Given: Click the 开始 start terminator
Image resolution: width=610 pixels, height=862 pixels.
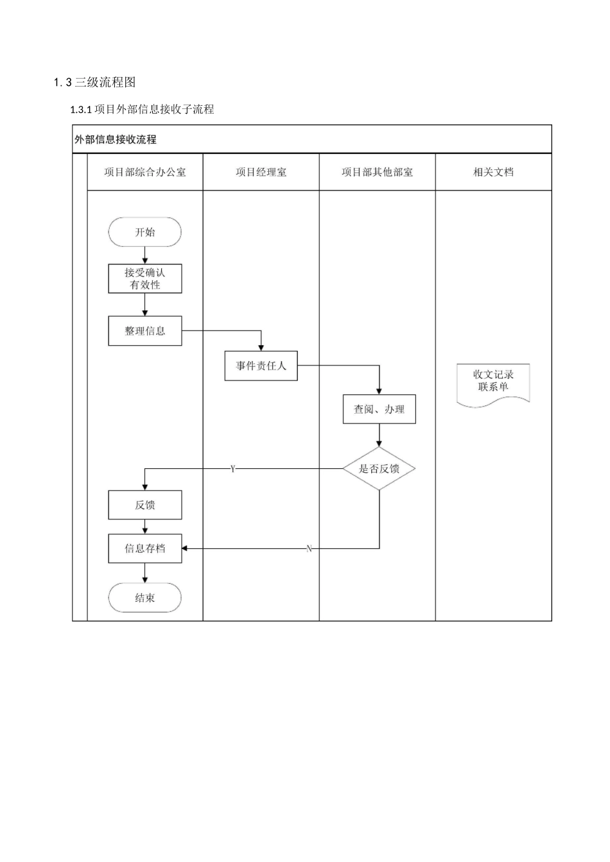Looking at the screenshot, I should click(x=144, y=232).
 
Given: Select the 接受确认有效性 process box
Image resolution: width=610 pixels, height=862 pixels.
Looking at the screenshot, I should click(x=144, y=279).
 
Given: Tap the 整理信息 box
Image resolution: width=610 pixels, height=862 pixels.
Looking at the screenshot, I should click(x=144, y=331).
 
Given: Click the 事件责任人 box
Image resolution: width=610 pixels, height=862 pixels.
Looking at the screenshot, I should click(x=261, y=366).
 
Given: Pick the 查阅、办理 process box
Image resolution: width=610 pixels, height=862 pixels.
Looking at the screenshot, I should click(x=379, y=409).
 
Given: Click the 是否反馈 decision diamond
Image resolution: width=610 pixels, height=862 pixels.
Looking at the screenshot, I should click(x=379, y=469).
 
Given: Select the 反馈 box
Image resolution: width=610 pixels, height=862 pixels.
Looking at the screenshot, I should click(x=144, y=505).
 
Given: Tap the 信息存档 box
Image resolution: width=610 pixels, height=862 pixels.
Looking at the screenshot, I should click(x=144, y=548).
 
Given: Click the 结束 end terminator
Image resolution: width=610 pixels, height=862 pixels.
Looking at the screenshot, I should click(x=144, y=598).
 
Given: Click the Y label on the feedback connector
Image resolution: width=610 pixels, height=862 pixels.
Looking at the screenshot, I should click(x=233, y=469).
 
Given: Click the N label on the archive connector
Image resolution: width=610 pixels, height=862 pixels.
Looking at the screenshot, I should click(x=309, y=548).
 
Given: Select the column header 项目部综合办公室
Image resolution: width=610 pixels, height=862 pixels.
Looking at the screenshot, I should click(x=145, y=172).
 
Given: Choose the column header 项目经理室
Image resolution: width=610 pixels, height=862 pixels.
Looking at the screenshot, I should click(x=261, y=172).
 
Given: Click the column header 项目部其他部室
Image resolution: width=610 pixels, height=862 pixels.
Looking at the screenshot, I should click(x=377, y=172).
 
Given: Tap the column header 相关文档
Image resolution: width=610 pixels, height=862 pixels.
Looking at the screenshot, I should click(x=493, y=172).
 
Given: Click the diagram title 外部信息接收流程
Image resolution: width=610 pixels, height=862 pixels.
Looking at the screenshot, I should click(x=116, y=139).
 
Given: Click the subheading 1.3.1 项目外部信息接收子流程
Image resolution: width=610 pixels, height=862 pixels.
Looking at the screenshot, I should click(x=142, y=109).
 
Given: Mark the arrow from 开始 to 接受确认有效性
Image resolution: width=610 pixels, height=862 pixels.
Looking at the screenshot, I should click(x=144, y=255).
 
